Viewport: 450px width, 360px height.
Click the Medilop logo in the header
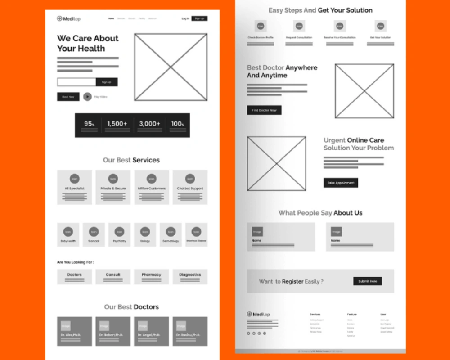[x=68, y=18]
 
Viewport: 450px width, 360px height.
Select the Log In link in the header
[x=185, y=18]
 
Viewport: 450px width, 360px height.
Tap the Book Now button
[x=68, y=96]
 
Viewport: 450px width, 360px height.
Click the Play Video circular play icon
[x=87, y=96]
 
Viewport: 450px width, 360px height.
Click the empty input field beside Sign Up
[x=76, y=82]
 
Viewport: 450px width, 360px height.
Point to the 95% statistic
[x=89, y=124]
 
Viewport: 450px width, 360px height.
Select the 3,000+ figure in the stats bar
[x=149, y=124]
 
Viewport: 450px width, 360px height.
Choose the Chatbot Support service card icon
[x=190, y=179]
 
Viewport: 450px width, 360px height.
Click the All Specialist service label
[x=74, y=189]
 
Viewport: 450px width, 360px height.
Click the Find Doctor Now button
[x=264, y=110]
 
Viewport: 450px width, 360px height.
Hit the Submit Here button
[x=368, y=281]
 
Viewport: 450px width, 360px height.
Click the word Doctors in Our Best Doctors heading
[x=146, y=307]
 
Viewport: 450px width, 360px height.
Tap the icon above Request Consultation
[x=299, y=26]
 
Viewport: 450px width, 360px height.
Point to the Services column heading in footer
[x=315, y=314]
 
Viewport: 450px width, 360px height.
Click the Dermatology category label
[x=171, y=241]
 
